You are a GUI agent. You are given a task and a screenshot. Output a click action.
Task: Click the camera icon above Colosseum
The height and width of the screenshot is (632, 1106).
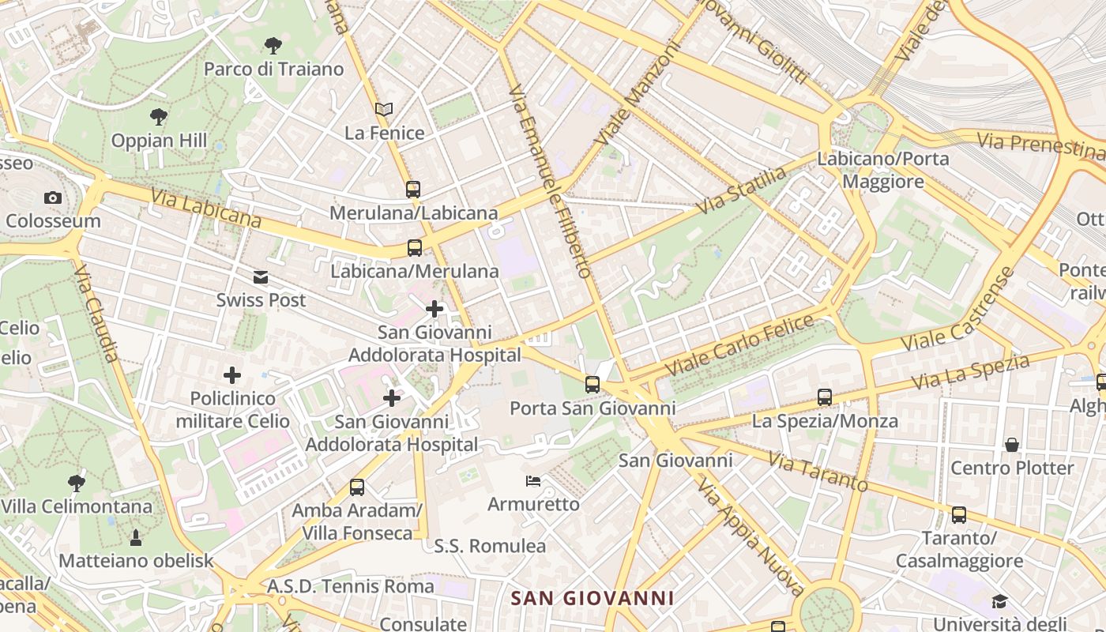pos(53,197)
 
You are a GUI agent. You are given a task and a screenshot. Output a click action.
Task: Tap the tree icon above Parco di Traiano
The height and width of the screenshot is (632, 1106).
pos(273,45)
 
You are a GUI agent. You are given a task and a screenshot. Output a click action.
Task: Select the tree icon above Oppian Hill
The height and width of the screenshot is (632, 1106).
pos(159,117)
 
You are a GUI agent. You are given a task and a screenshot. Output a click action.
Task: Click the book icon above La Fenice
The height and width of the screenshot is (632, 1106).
pos(384,109)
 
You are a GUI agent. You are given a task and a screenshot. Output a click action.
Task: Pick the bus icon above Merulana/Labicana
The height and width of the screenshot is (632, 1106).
pos(413,190)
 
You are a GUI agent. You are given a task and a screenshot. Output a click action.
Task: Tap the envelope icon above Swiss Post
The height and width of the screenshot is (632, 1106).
pos(261,277)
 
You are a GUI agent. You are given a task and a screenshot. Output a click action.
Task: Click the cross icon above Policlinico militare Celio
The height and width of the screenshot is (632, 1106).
pos(232,374)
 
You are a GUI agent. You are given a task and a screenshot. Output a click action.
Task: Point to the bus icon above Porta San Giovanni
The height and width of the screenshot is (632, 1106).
pos(592,385)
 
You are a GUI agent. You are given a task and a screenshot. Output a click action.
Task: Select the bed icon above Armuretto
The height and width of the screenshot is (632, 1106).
pos(533,480)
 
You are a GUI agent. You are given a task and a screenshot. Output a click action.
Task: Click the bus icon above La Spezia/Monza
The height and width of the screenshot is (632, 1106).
pos(825,397)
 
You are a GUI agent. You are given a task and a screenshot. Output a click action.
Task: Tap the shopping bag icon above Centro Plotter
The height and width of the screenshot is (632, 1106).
pos(1012,445)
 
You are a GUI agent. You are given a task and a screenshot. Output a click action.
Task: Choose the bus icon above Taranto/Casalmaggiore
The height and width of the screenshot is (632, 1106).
pos(959,515)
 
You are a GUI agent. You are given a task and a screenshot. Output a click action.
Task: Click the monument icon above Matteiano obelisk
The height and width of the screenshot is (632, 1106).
pos(136,538)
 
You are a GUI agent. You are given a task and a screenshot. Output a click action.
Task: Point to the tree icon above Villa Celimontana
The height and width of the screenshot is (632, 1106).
pos(77,483)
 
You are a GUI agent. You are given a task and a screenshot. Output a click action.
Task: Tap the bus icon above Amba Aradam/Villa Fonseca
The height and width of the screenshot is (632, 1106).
pos(357,487)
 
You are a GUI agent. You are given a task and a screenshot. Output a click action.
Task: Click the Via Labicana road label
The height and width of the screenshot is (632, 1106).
pos(205,208)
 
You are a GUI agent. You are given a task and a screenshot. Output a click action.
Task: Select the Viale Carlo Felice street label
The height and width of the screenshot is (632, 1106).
pos(739,344)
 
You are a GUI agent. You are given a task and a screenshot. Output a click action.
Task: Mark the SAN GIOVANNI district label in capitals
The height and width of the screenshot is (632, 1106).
pos(592,598)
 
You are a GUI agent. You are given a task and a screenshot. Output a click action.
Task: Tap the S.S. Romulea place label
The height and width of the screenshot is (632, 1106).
pos(490,546)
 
